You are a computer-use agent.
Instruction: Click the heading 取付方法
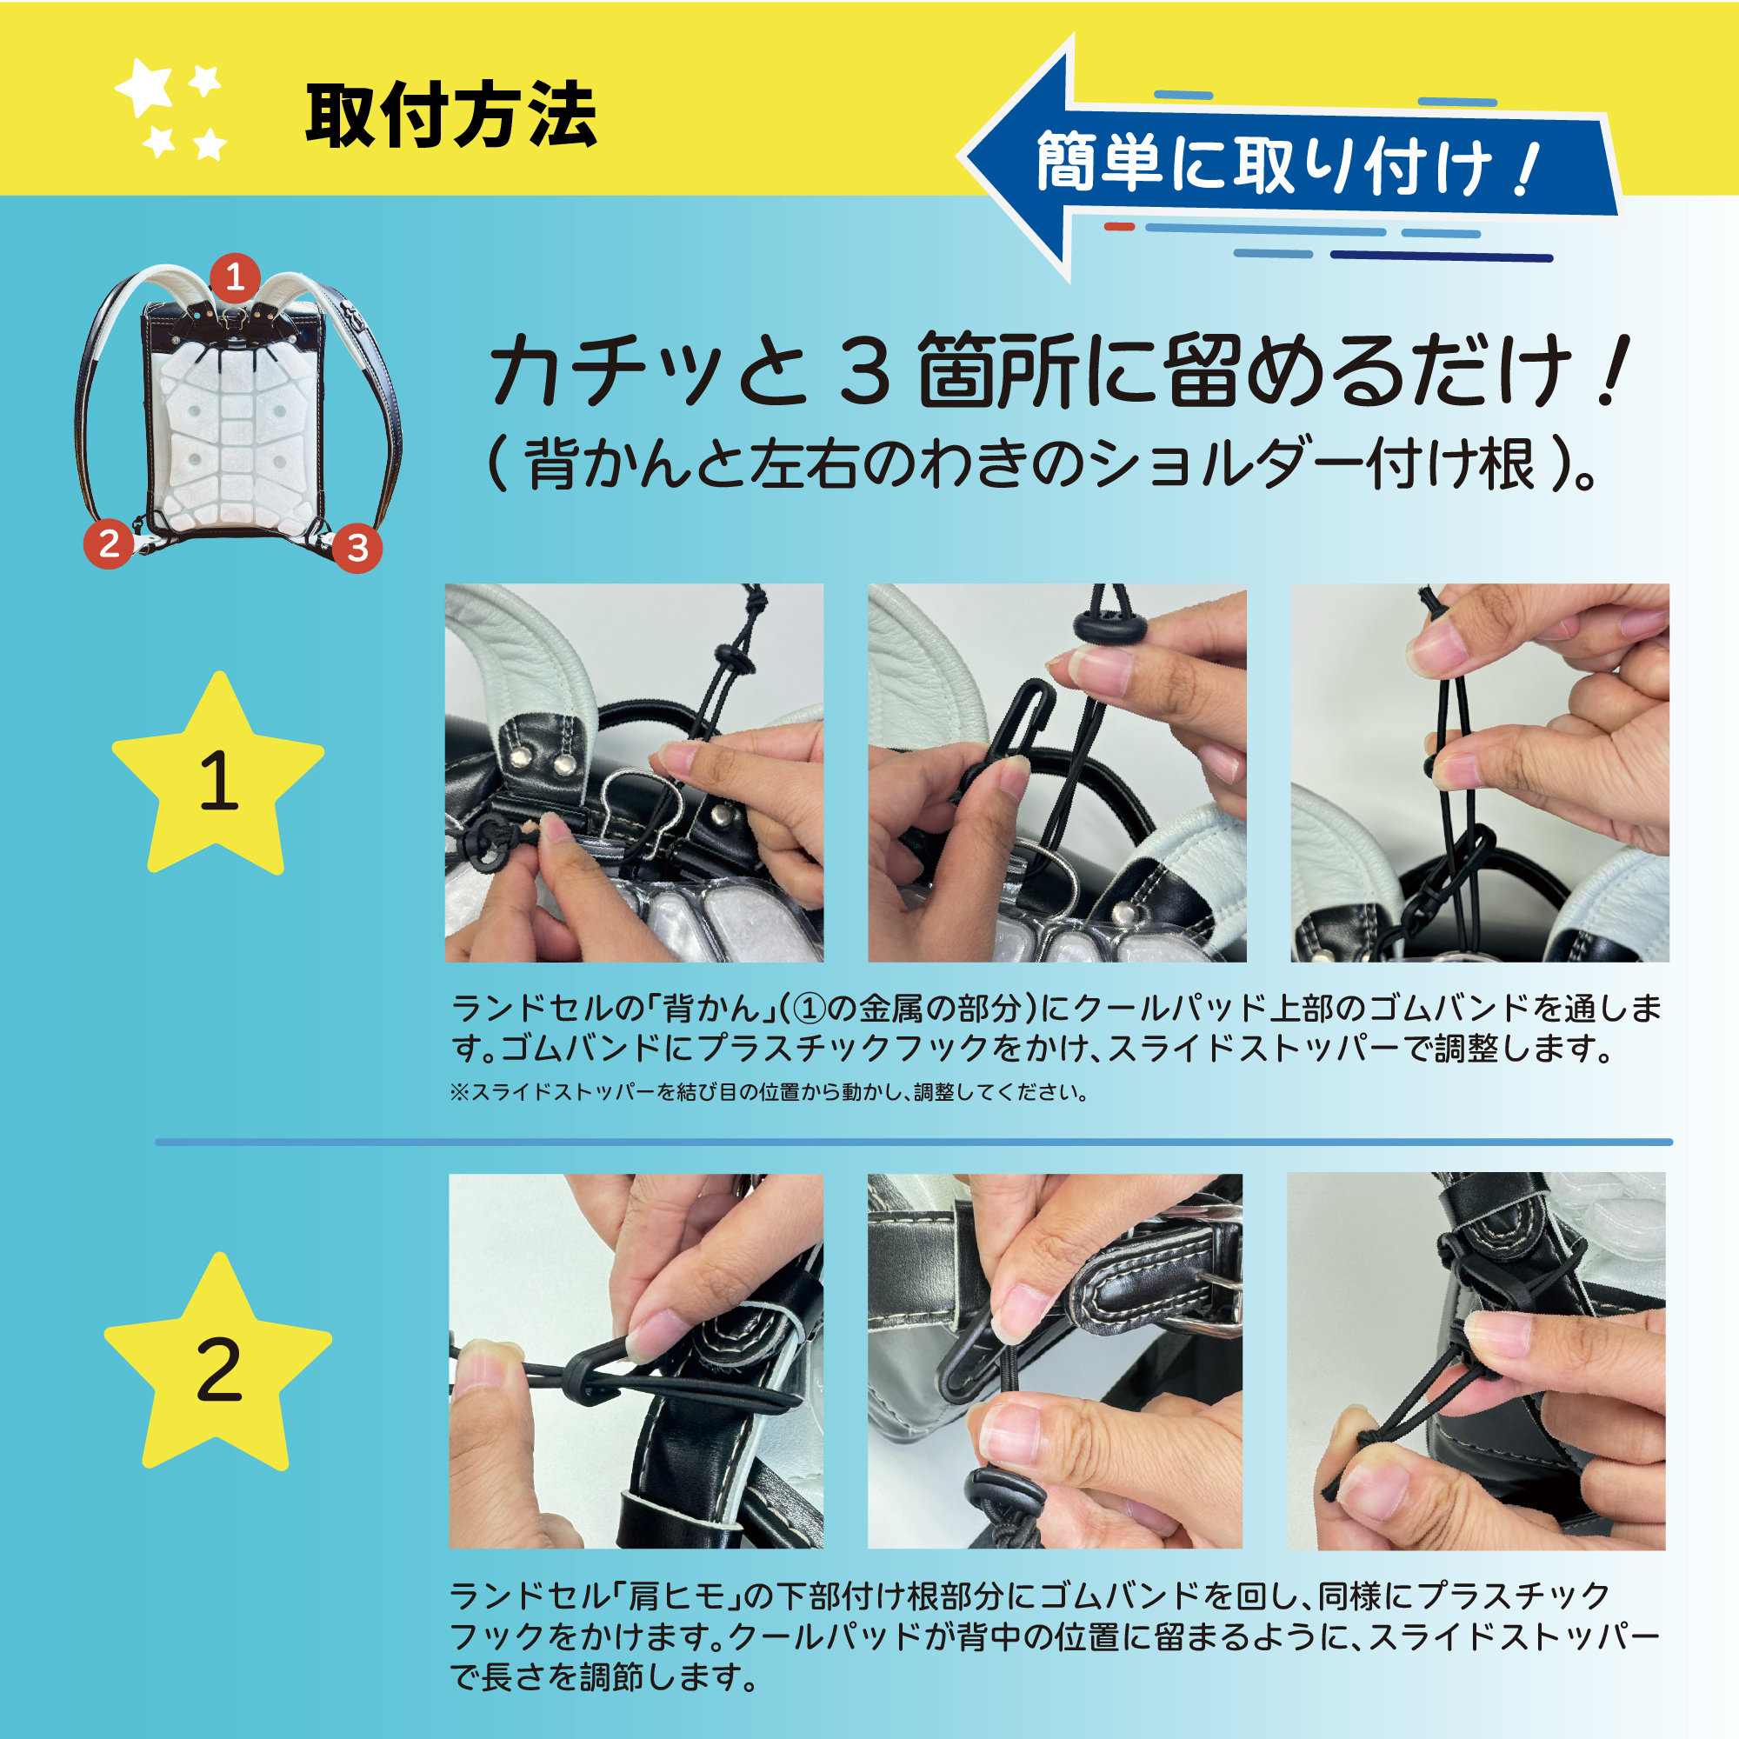click(x=451, y=117)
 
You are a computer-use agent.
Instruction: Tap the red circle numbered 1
click(x=235, y=277)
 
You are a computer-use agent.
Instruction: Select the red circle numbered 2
click(x=109, y=543)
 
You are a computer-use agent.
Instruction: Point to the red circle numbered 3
click(x=357, y=547)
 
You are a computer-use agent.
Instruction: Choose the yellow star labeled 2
click(x=218, y=1365)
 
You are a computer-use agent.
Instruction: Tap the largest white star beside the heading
click(x=145, y=88)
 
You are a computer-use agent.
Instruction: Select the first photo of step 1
click(x=634, y=772)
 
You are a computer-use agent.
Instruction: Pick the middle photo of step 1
click(x=1056, y=772)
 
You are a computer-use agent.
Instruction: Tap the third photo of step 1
click(x=1480, y=772)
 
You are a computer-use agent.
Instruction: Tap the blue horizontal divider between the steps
click(x=914, y=1143)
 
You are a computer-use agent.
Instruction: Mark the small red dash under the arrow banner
click(x=1120, y=226)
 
